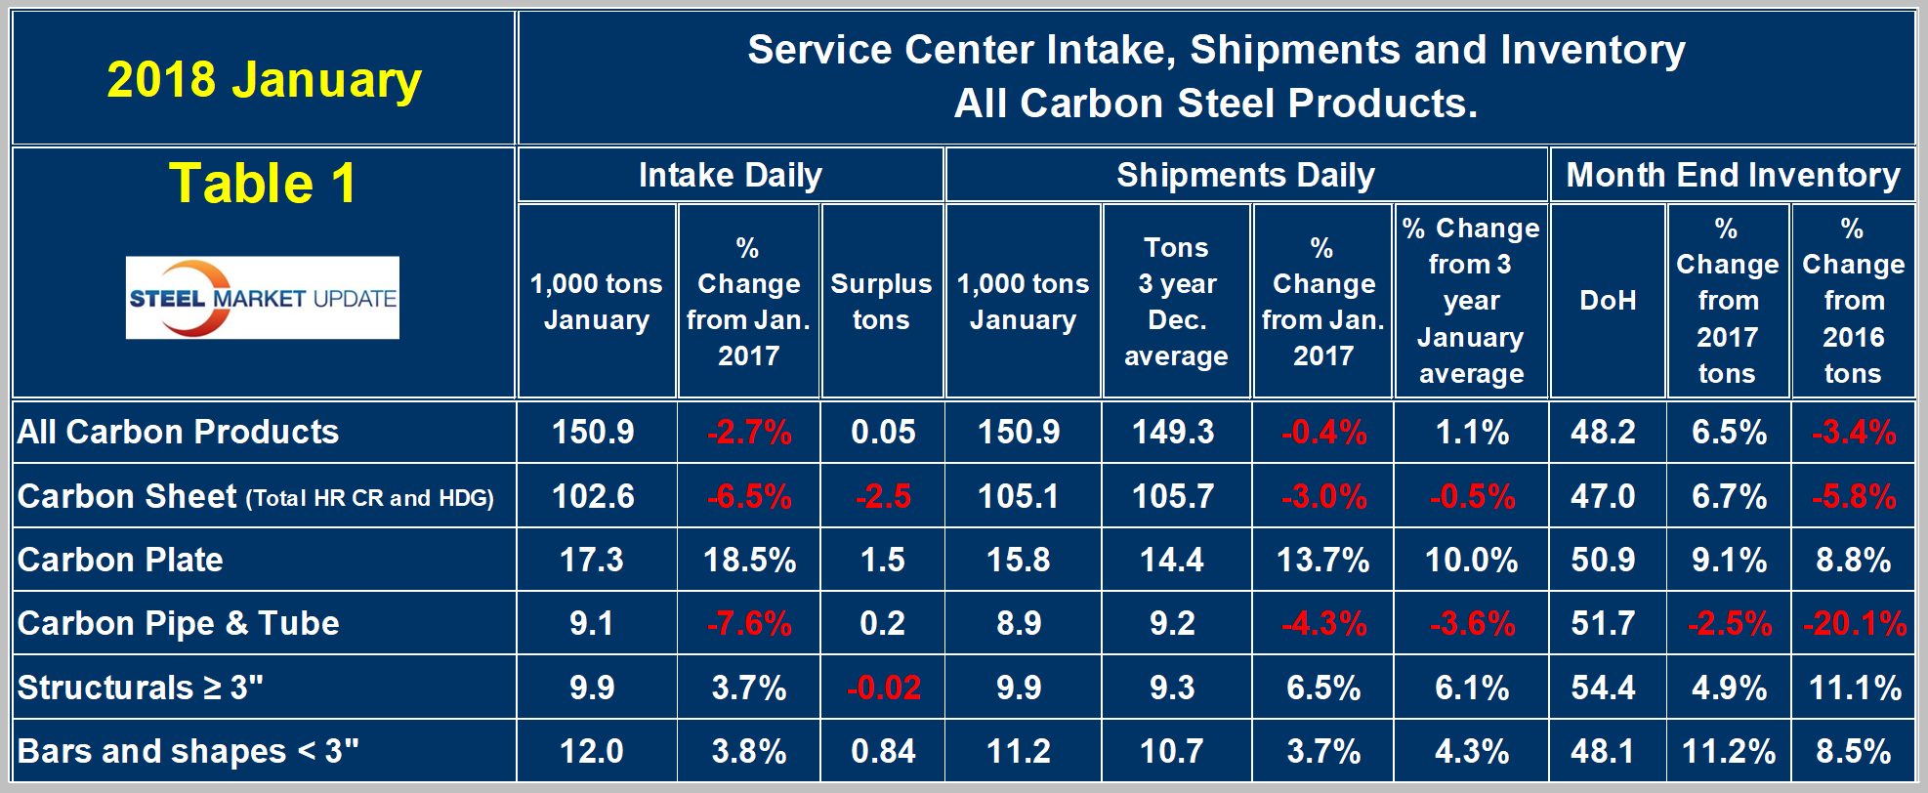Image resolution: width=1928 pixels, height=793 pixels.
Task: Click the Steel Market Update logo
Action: point(262,298)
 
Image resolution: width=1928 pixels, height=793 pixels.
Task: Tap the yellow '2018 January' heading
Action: point(264,80)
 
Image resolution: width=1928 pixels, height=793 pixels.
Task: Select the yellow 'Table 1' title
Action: point(262,184)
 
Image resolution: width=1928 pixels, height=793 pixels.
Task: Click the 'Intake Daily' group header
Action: point(730,175)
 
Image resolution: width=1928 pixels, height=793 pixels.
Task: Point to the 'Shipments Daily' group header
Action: point(1245,175)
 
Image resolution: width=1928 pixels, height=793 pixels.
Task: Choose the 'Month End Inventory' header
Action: point(1733,175)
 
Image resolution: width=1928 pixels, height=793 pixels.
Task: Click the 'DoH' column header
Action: point(1608,300)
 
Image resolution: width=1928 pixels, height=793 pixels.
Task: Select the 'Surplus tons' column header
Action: point(881,301)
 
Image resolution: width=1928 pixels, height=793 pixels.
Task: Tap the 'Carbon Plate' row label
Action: point(120,560)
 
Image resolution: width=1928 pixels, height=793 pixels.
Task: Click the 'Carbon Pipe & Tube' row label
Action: point(178,623)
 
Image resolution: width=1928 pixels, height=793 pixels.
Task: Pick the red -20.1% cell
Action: point(1854,623)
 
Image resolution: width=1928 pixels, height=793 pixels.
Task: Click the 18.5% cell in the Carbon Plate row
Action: point(749,560)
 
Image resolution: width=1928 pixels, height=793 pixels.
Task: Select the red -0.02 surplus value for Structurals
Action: point(883,688)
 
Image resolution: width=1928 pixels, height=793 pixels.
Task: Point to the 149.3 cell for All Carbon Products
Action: point(1172,432)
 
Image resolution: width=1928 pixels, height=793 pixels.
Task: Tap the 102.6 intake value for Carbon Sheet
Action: point(593,496)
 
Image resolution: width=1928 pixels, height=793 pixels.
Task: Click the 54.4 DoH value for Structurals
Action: point(1603,688)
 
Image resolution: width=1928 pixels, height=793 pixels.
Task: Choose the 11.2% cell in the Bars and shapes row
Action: point(1728,751)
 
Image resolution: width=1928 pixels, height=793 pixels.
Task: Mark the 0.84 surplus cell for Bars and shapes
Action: point(883,751)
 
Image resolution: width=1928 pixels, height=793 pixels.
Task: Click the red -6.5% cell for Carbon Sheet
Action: point(749,496)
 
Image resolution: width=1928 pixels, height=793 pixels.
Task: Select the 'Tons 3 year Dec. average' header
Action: point(1176,301)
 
